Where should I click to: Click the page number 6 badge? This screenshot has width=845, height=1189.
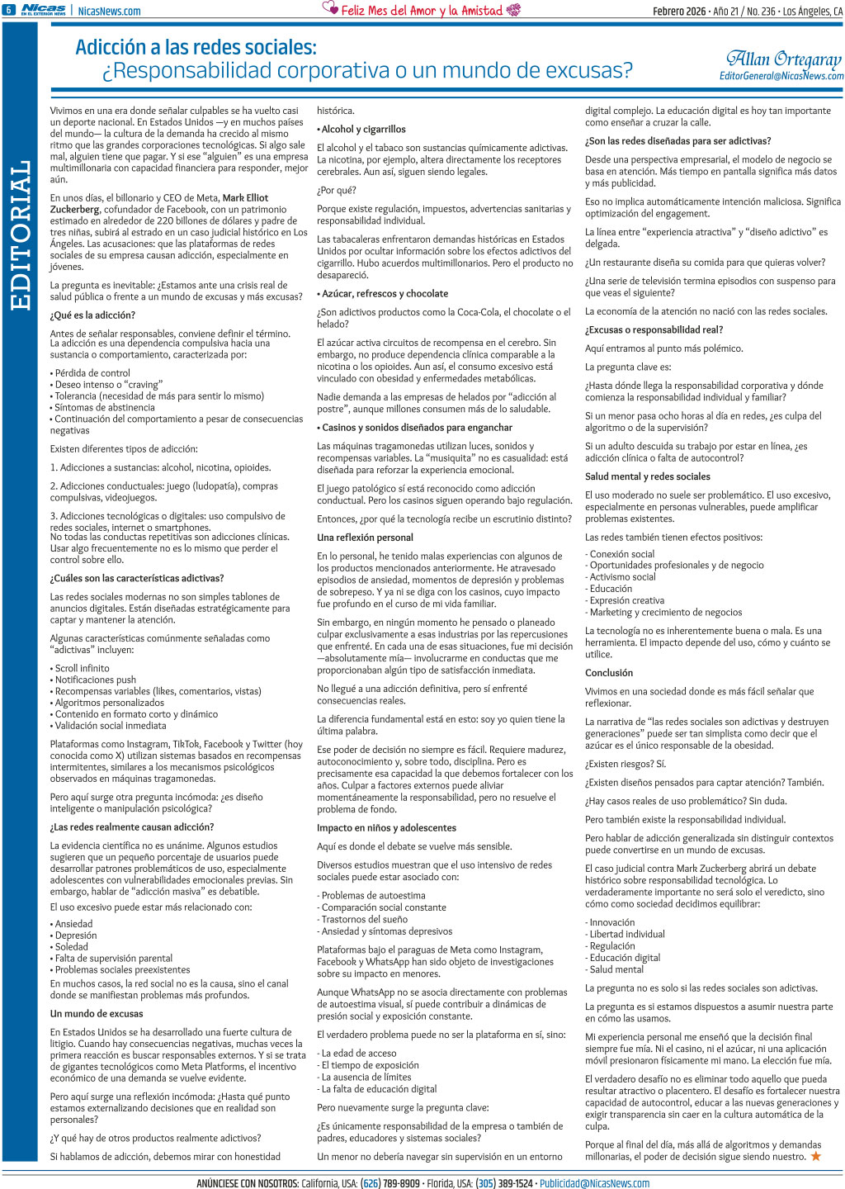coord(8,10)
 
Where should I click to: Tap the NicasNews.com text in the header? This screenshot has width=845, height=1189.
coord(109,11)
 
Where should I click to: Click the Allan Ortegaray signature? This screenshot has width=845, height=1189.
coord(783,59)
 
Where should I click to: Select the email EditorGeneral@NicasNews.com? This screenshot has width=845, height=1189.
coord(781,76)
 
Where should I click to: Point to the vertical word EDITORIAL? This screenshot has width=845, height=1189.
coord(21,235)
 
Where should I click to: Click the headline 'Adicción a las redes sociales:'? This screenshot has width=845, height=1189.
coord(196,47)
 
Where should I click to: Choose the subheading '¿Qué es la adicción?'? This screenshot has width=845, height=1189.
coord(92,315)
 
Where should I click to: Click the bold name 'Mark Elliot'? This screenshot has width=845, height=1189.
coord(245,198)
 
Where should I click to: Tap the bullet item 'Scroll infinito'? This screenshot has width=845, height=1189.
coord(82,668)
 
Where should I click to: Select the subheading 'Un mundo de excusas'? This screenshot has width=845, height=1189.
coord(97,1014)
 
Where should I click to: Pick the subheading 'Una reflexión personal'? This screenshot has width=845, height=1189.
coord(365,538)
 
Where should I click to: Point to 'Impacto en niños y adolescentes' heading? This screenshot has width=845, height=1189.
coord(386,828)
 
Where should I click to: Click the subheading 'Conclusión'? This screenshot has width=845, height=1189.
coord(609,673)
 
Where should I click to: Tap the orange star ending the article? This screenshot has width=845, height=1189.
coord(815,1156)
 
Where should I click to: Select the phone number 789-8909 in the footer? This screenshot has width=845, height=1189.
coord(402,1183)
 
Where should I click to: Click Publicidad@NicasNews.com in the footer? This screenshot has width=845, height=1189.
coord(594,1183)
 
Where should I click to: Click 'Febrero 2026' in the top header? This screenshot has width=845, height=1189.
coord(679,11)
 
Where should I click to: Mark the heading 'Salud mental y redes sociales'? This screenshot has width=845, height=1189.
coord(648,476)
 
